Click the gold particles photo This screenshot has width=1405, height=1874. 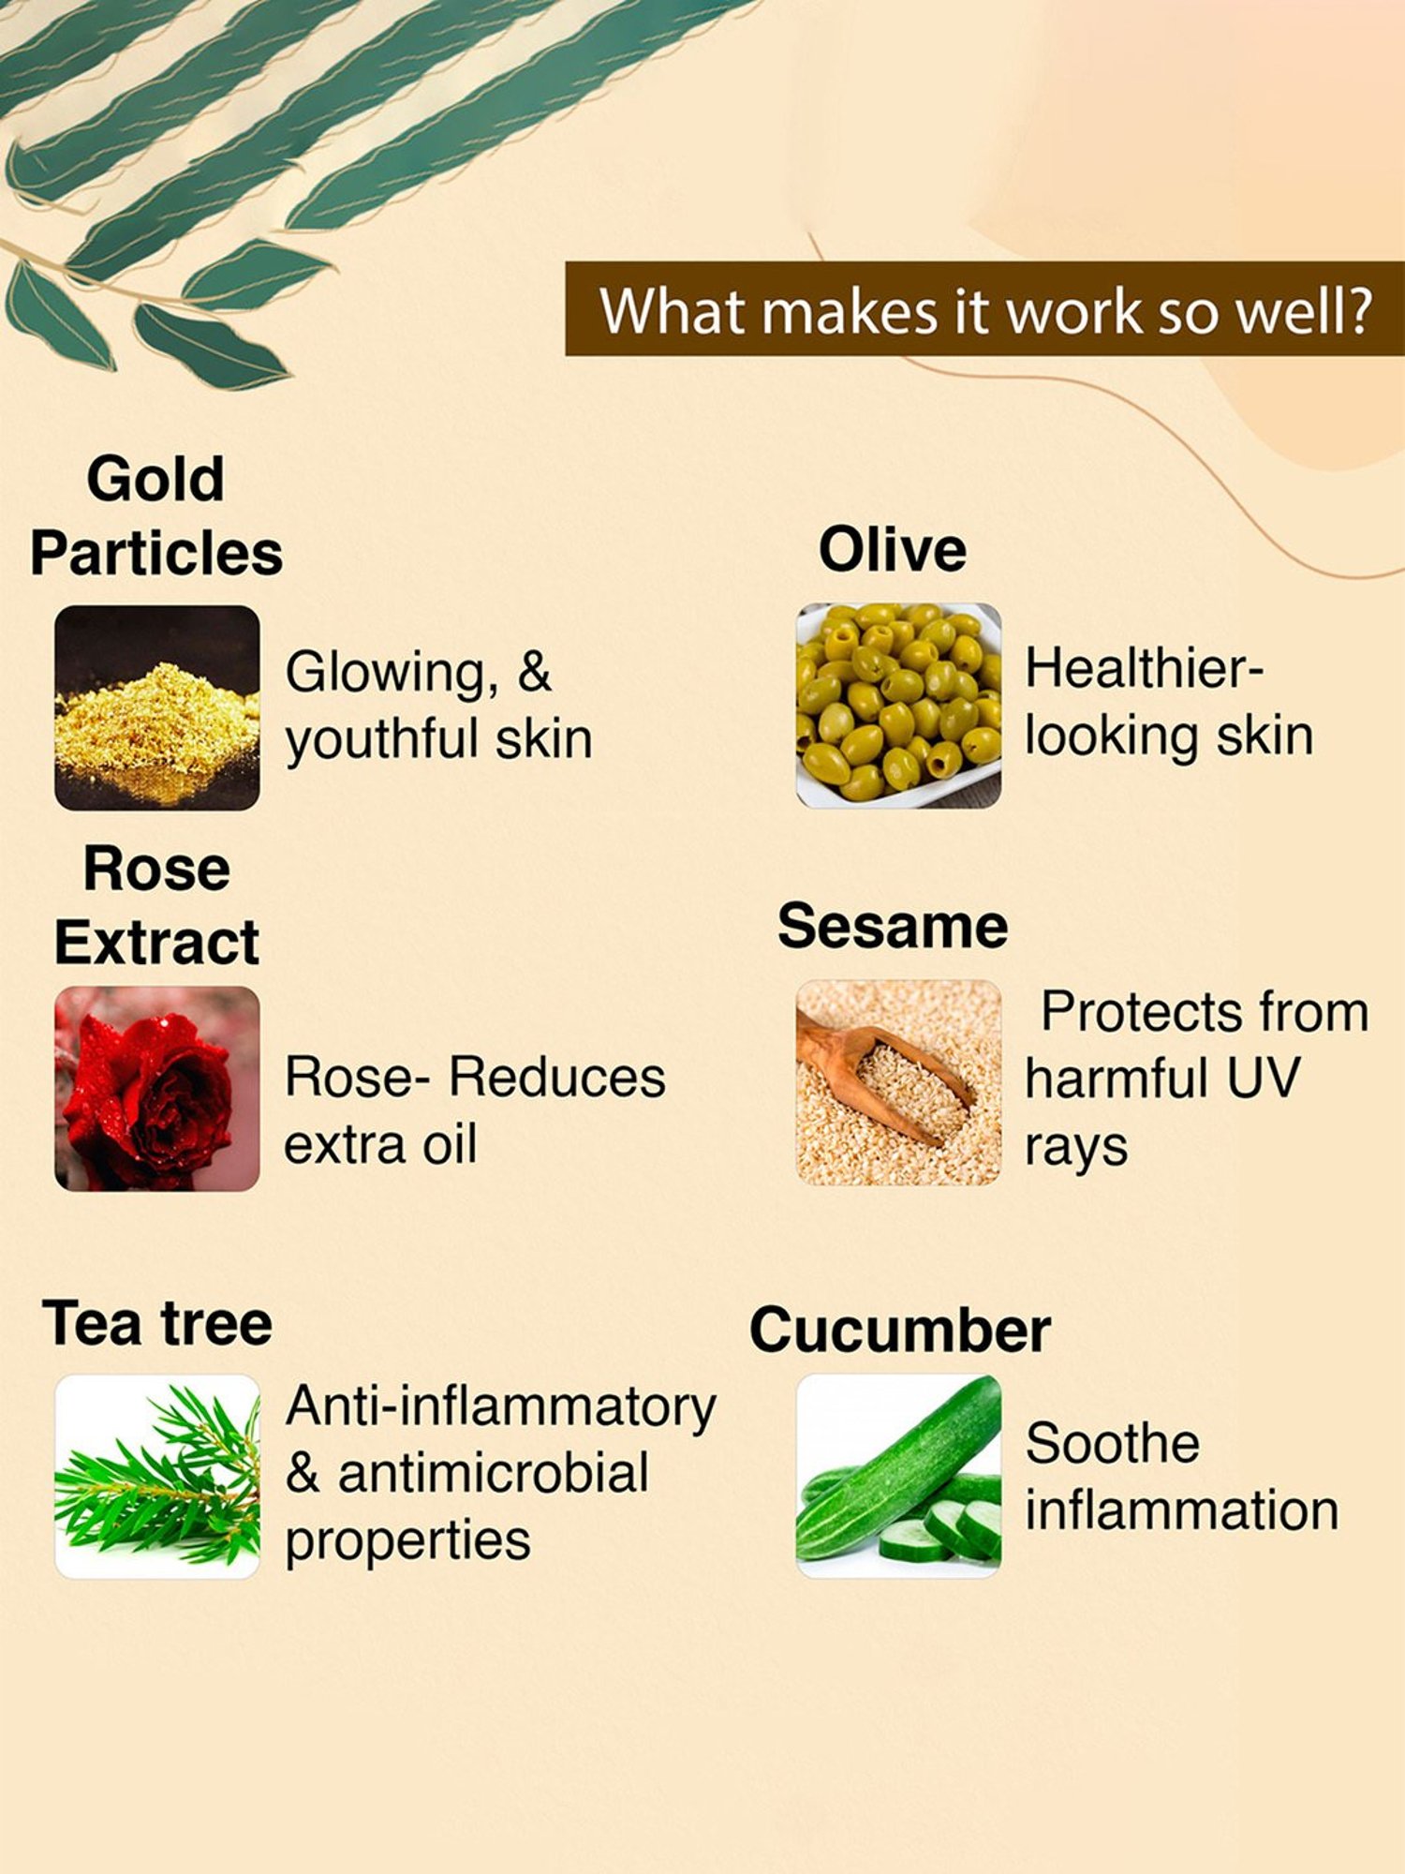[x=156, y=707]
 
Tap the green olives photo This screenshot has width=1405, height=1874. [x=898, y=706]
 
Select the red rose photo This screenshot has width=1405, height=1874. [x=156, y=1088]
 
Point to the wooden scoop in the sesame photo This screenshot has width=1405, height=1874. [x=880, y=1078]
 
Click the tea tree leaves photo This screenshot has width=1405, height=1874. [x=156, y=1477]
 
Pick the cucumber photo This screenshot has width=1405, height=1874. [x=898, y=1476]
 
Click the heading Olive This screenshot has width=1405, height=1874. [x=892, y=550]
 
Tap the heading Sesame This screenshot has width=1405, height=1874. [x=893, y=927]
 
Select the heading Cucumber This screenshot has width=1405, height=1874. [x=900, y=1331]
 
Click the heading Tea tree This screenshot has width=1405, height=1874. [x=157, y=1323]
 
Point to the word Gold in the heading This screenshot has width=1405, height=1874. [x=155, y=479]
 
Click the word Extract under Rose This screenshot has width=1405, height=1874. [x=156, y=943]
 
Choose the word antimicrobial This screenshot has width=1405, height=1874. [x=493, y=1473]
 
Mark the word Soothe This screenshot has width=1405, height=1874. [x=1112, y=1443]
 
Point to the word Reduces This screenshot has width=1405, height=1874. [x=557, y=1078]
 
